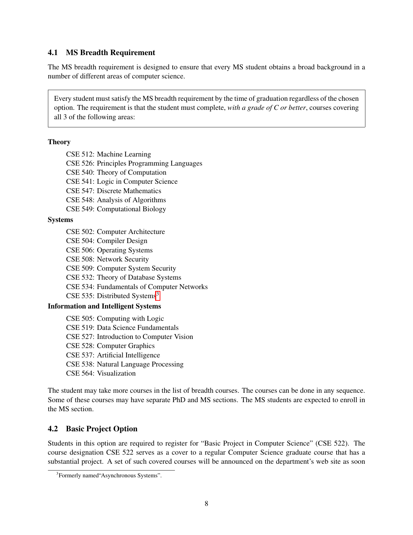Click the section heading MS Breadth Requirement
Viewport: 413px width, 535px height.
click(110, 52)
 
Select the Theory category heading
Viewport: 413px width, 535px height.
click(59, 142)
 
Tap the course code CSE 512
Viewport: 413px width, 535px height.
click(80, 154)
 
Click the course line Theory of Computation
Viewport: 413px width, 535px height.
click(132, 172)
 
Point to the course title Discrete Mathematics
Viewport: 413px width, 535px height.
click(129, 191)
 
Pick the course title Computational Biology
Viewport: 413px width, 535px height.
click(131, 209)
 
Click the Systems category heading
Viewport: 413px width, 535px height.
click(60, 220)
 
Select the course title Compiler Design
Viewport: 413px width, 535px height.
click(122, 241)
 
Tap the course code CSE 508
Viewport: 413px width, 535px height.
click(80, 259)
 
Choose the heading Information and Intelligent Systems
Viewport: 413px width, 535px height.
click(104, 306)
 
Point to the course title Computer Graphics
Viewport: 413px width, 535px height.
click(126, 346)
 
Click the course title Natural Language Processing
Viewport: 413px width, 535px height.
click(140, 364)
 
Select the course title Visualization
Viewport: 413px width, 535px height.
click(116, 373)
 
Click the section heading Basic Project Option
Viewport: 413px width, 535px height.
click(101, 429)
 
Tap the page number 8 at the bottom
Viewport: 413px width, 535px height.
click(206, 504)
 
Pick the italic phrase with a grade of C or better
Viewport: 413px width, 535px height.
click(267, 108)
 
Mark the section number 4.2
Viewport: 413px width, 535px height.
click(53, 429)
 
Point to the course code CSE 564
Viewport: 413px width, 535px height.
click(80, 373)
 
